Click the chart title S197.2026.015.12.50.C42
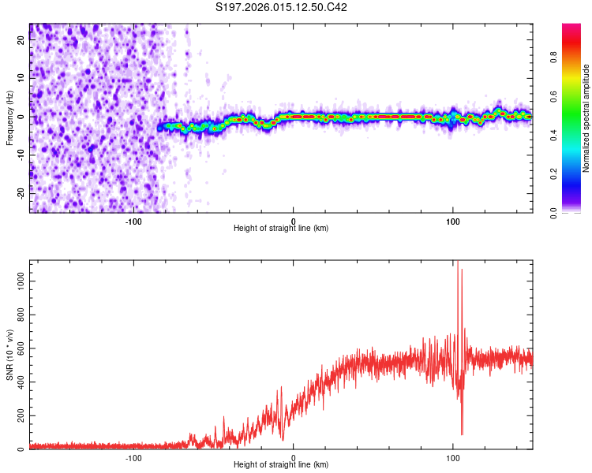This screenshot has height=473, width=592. click(x=282, y=8)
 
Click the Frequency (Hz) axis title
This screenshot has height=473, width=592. click(x=9, y=118)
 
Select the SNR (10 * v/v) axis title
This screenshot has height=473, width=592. click(x=9, y=355)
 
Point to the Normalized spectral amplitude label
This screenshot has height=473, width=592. click(x=586, y=118)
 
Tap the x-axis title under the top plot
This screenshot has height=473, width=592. click(x=281, y=229)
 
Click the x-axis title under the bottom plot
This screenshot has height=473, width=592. click(x=281, y=465)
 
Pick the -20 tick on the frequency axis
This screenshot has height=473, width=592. click(x=21, y=192)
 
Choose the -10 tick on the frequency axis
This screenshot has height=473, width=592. click(x=21, y=155)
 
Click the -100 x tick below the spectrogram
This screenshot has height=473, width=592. click(x=133, y=221)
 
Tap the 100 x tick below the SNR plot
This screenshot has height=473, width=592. click(x=453, y=457)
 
